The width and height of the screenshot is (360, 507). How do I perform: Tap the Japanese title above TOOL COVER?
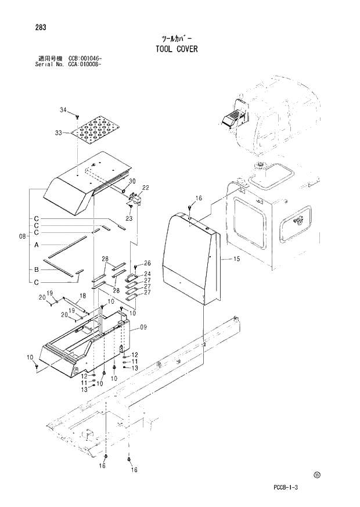(x=176, y=39)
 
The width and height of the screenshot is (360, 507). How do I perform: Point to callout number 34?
(x=63, y=109)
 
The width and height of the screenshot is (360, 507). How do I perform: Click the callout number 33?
(x=58, y=133)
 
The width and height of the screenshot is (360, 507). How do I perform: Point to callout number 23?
(x=129, y=218)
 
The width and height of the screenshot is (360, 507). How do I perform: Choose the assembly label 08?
(x=22, y=236)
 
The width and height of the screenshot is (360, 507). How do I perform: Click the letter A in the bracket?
(x=36, y=245)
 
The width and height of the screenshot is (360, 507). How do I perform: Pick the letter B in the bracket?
(x=36, y=269)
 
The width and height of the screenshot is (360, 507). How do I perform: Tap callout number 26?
(x=147, y=264)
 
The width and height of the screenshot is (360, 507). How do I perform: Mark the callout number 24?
(x=147, y=274)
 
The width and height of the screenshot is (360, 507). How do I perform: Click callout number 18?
(x=82, y=296)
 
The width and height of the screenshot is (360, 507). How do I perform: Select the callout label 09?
(x=143, y=328)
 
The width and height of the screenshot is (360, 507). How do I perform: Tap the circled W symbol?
(x=317, y=474)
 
